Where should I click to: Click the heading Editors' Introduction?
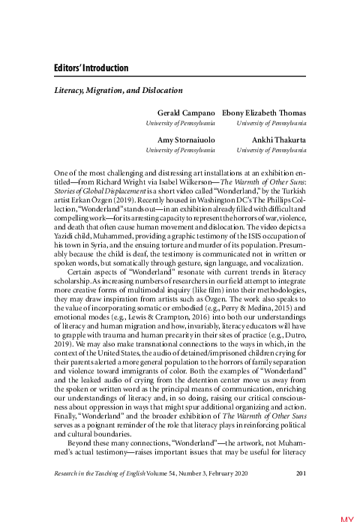click(91, 68)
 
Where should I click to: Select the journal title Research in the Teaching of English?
click(104, 472)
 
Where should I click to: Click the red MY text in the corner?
click(348, 517)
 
